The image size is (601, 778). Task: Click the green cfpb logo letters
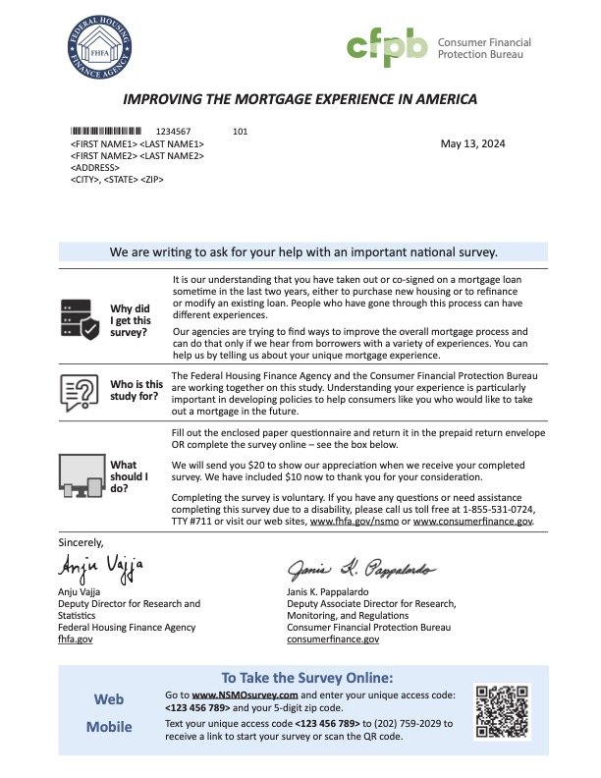tap(387, 47)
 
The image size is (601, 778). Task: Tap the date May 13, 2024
tap(472, 144)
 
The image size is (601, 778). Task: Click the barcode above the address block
tap(109, 131)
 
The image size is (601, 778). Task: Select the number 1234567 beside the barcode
tap(174, 131)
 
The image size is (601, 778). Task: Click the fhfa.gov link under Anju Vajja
tap(74, 639)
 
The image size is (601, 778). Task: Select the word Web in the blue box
tap(108, 699)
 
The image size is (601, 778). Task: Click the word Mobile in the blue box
tap(108, 729)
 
